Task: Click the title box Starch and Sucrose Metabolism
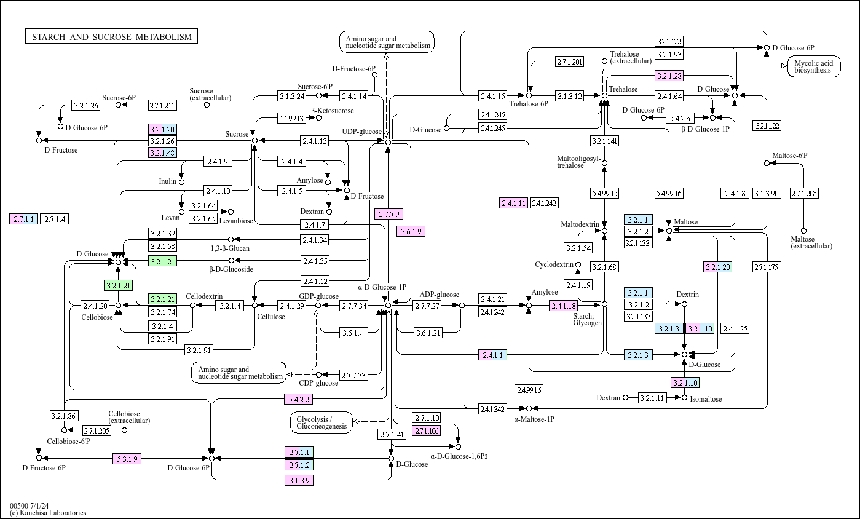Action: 111,37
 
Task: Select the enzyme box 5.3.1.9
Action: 127,458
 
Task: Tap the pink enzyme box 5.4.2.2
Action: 299,399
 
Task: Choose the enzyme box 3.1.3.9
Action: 299,480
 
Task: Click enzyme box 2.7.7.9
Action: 389,214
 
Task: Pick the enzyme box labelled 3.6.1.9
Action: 411,231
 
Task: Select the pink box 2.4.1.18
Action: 564,306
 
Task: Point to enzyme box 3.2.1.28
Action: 669,76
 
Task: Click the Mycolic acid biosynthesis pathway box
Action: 813,66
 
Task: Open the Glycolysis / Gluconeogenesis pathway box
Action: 322,422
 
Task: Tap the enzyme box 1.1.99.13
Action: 291,118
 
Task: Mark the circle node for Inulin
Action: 181,182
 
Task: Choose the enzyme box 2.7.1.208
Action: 804,194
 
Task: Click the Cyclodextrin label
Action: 554,264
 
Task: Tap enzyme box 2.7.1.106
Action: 427,430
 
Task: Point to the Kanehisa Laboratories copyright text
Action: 48,513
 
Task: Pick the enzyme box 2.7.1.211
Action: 162,105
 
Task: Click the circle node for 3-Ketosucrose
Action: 318,118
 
